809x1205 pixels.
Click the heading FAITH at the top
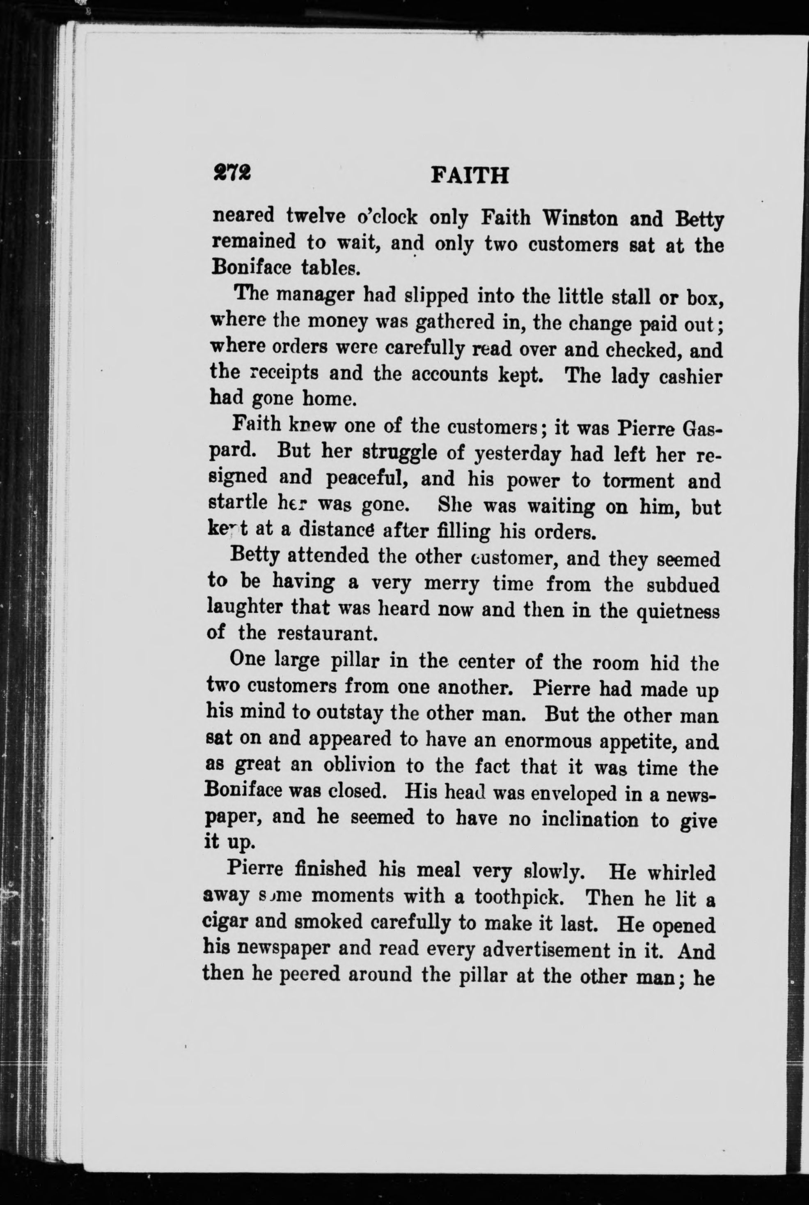tap(469, 176)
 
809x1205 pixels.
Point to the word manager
tap(315, 296)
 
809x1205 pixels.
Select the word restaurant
tap(328, 634)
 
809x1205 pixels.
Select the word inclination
tap(586, 819)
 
